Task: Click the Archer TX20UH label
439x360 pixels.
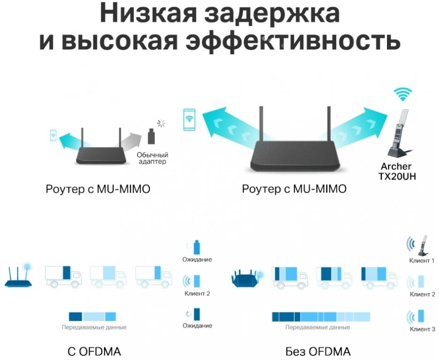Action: (x=396, y=171)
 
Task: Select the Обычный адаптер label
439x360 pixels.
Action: (x=152, y=158)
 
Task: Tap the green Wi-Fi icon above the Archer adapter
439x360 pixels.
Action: (x=402, y=94)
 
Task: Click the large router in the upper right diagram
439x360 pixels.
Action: (x=294, y=155)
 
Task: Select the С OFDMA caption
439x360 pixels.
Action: (x=94, y=351)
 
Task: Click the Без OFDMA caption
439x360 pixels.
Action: (x=318, y=351)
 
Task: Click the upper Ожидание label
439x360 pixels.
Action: (x=197, y=259)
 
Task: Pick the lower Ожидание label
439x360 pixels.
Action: (x=197, y=325)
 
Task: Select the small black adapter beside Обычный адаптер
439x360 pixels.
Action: (x=151, y=136)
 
